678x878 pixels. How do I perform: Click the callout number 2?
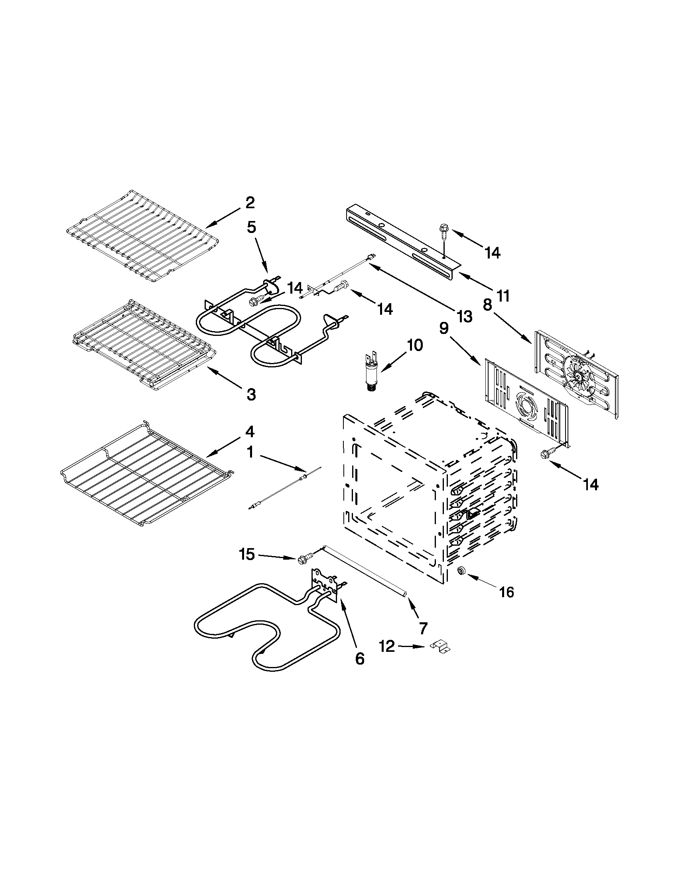[x=250, y=203]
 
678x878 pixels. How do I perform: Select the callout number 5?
[x=251, y=227]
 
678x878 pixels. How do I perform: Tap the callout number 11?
[x=503, y=296]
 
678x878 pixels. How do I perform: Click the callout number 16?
[x=507, y=592]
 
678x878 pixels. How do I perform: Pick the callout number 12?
[x=387, y=647]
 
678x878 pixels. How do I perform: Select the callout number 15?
[x=247, y=555]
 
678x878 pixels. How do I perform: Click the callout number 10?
[x=415, y=345]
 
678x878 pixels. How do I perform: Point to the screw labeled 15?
[x=304, y=559]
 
